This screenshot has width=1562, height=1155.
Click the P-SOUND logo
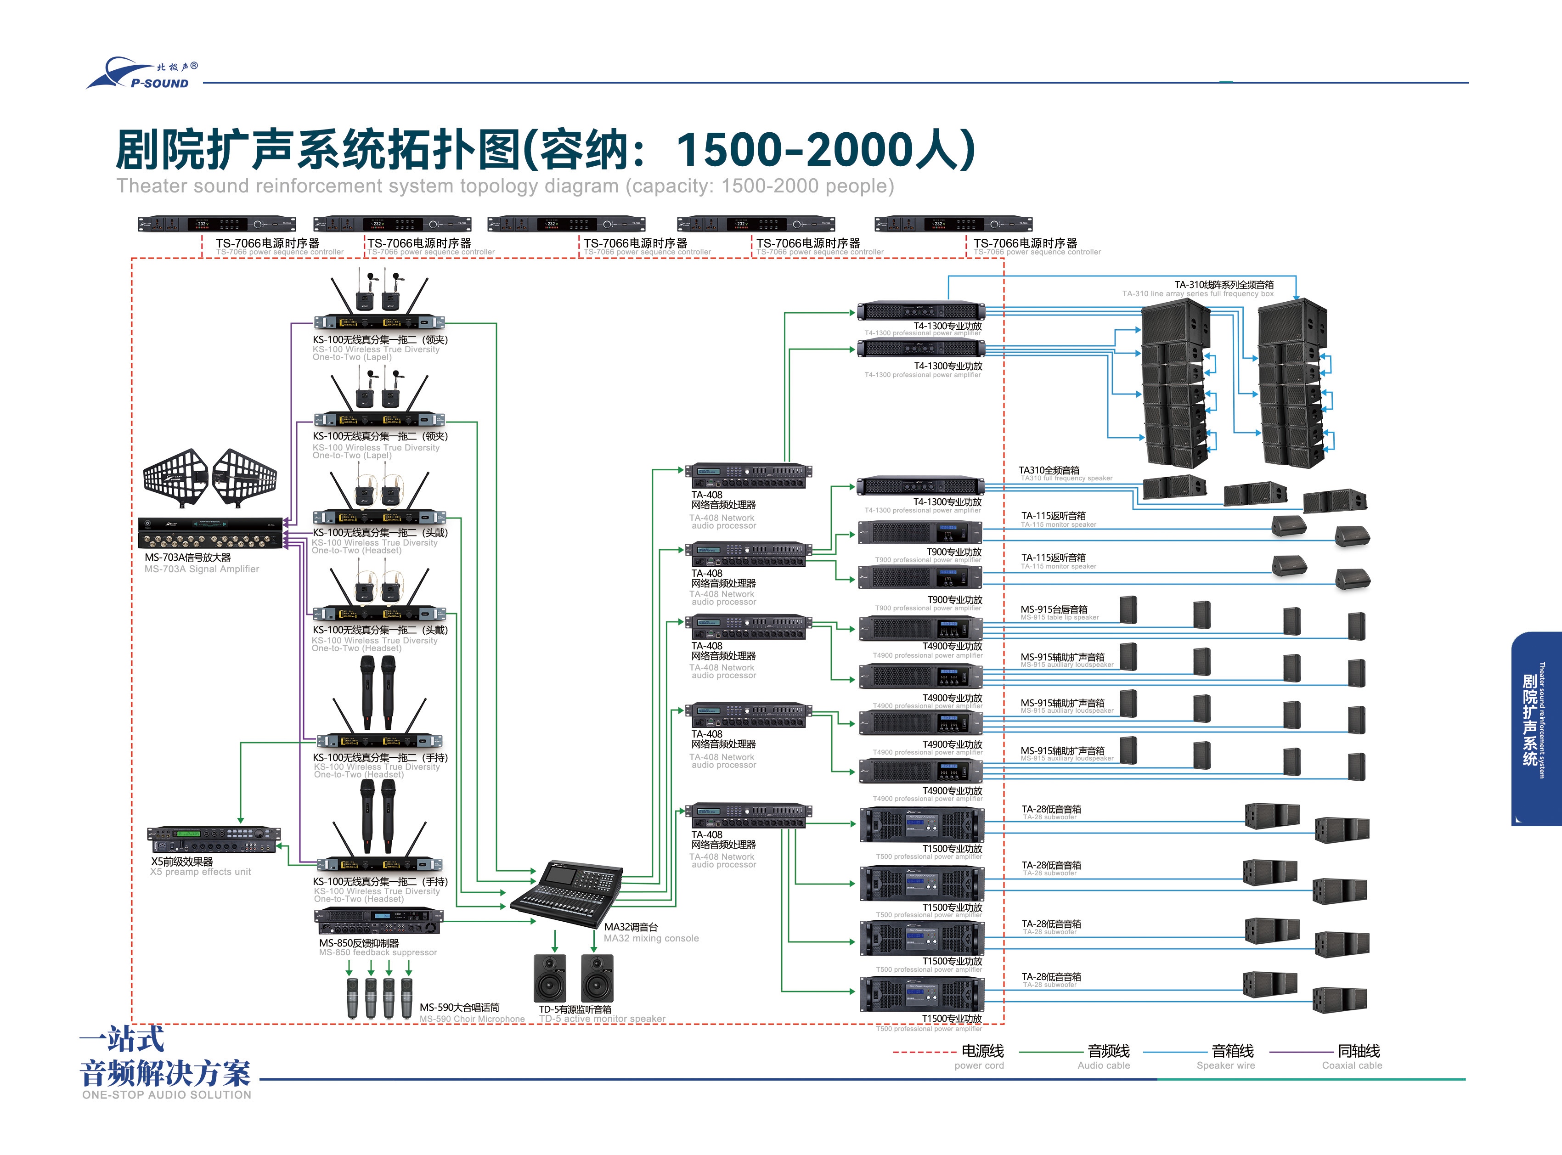[143, 74]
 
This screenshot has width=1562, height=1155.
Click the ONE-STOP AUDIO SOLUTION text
[166, 1095]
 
